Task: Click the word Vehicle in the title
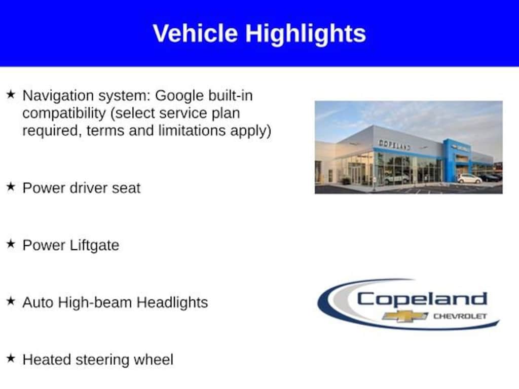[x=195, y=33]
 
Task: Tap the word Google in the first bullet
[x=179, y=96]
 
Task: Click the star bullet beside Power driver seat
[x=11, y=186]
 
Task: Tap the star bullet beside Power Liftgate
[x=11, y=244]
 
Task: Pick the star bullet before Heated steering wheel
[x=11, y=358]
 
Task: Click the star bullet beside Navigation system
[x=11, y=94]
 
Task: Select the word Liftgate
[x=95, y=246]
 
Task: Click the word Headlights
[x=172, y=302]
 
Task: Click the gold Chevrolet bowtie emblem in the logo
[x=405, y=316]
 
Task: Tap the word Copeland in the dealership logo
[x=422, y=299]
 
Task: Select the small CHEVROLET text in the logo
[x=460, y=316]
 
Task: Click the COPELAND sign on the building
[x=394, y=144]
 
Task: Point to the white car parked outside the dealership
[x=469, y=179]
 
